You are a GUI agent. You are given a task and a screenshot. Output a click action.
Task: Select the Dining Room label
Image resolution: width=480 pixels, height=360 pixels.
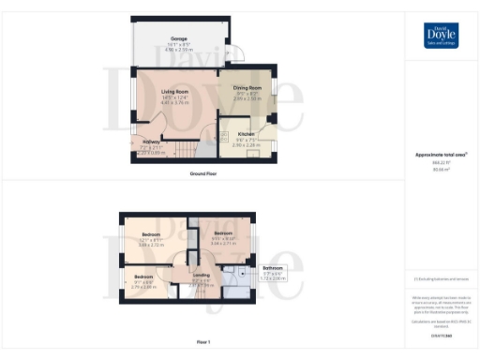247,88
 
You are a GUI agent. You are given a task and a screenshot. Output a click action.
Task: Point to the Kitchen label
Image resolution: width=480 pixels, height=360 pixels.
247,134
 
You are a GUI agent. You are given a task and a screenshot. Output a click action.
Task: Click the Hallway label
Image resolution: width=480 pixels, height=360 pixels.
151,142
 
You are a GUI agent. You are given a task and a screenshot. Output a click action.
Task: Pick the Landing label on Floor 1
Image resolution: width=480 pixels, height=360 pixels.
202,274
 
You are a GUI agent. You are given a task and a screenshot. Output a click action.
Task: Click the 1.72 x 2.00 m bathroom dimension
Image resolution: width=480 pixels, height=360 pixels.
273,279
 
